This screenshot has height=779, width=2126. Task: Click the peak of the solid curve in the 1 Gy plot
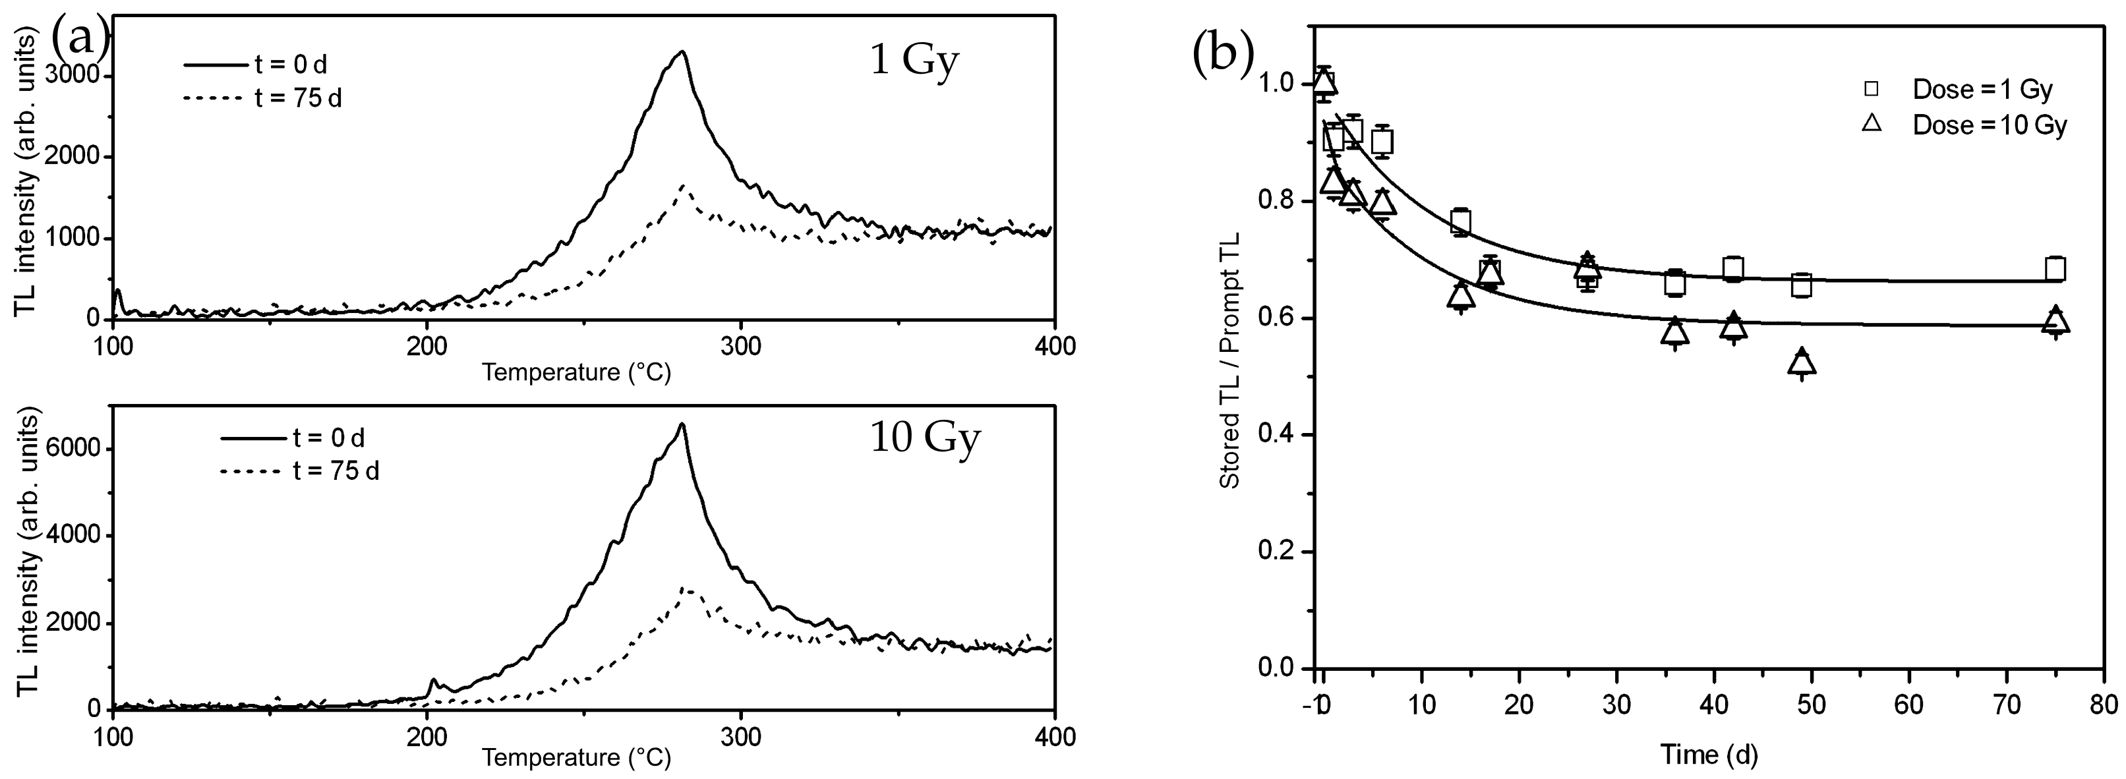coord(682,53)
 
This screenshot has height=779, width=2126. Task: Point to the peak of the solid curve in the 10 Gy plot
coord(682,424)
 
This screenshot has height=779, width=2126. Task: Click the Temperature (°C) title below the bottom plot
coord(576,757)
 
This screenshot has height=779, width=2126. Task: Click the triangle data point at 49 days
coord(1802,362)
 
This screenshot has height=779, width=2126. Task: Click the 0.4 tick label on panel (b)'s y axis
coord(1278,435)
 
